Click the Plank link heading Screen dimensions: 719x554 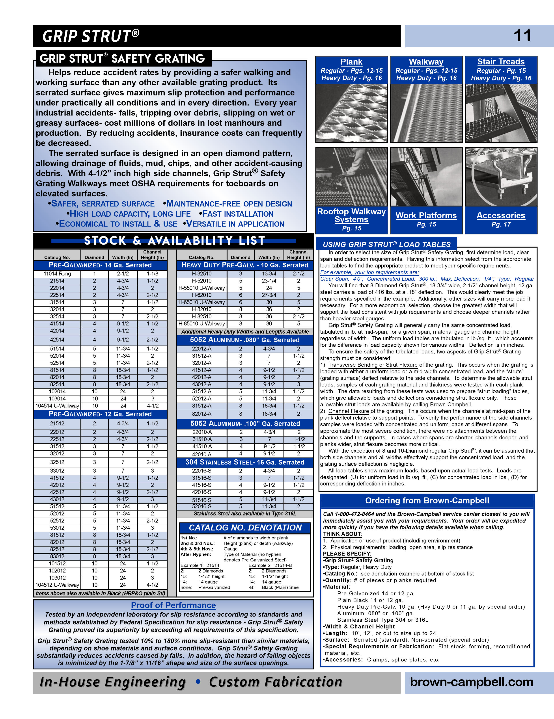(x=351, y=62)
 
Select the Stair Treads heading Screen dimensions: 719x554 (x=501, y=61)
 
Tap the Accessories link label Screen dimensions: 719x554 (x=501, y=216)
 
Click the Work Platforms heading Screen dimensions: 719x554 (x=426, y=216)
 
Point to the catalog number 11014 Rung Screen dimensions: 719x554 (x=57, y=274)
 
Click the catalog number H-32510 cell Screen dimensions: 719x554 (x=201, y=274)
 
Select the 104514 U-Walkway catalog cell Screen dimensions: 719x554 (x=57, y=406)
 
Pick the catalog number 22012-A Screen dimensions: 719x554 (x=201, y=349)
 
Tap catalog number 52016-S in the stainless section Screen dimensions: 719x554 (x=201, y=507)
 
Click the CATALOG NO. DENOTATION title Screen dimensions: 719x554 (x=245, y=528)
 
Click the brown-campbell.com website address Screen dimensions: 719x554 (x=471, y=682)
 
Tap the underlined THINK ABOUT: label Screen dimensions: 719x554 (x=342, y=534)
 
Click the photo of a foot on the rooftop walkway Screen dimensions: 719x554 (x=351, y=177)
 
